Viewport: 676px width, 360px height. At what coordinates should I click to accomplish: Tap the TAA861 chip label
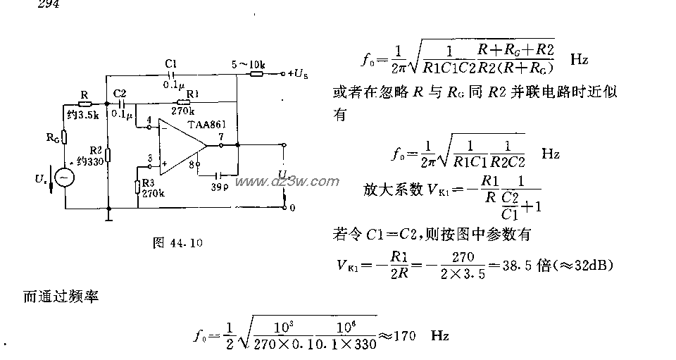206,124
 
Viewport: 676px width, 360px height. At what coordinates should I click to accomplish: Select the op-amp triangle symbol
180,146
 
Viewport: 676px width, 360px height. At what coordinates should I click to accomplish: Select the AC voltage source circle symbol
65,178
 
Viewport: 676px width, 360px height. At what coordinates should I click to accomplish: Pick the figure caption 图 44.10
177,244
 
